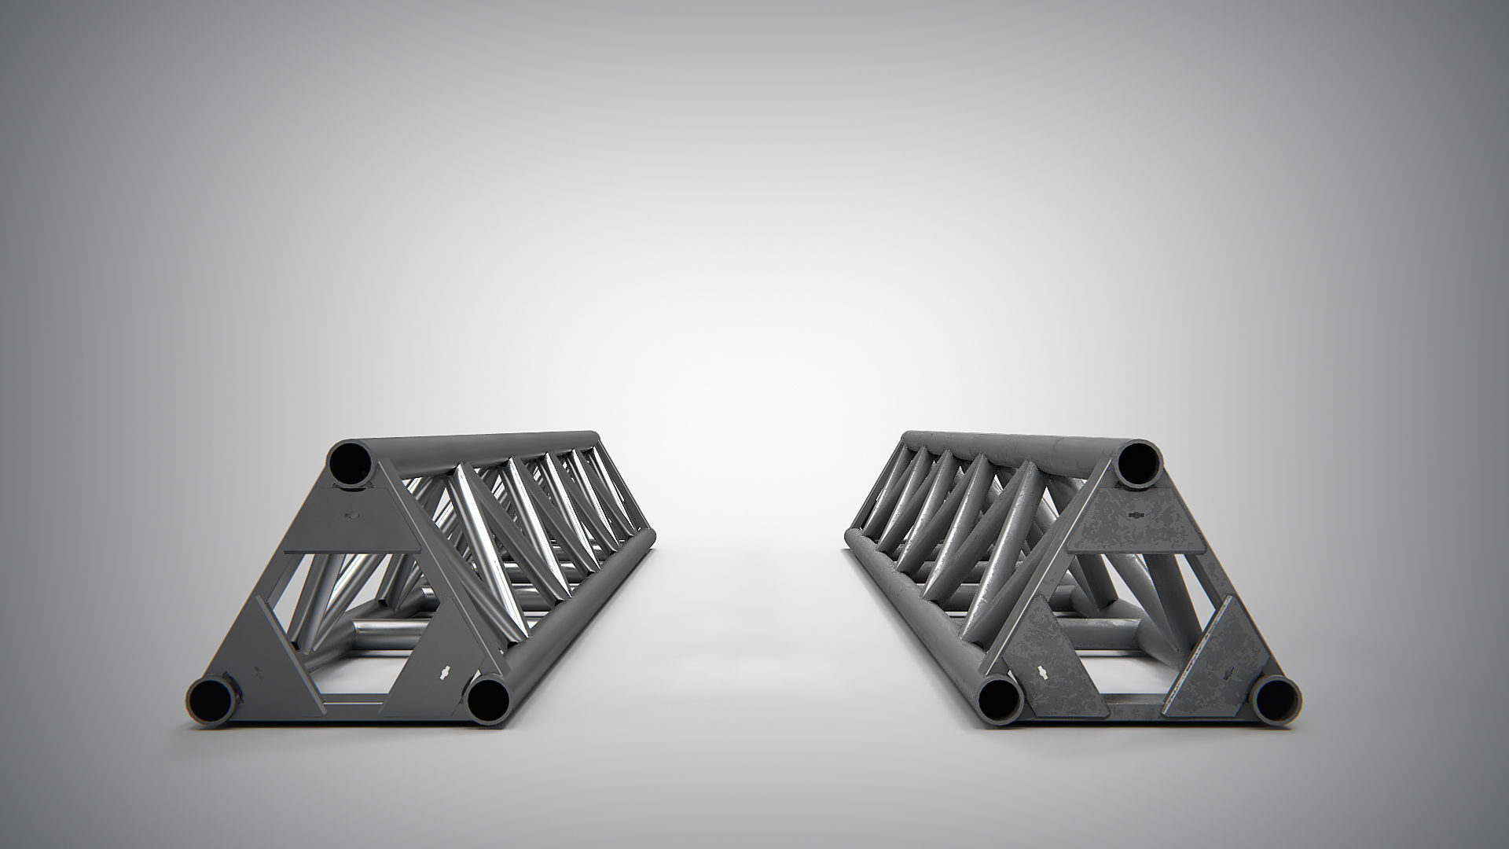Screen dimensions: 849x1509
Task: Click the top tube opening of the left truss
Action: [x=351, y=465]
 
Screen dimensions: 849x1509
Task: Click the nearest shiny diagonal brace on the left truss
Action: [x=479, y=542]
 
